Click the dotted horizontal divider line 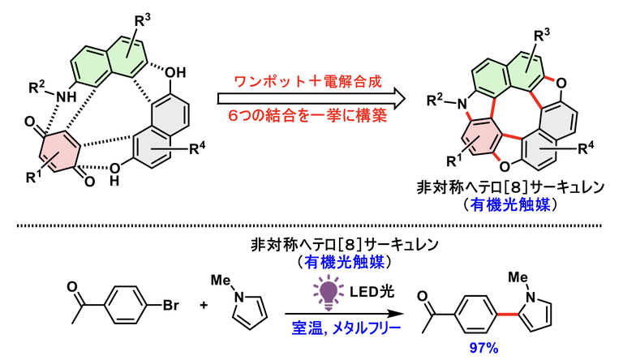tap(311, 221)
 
